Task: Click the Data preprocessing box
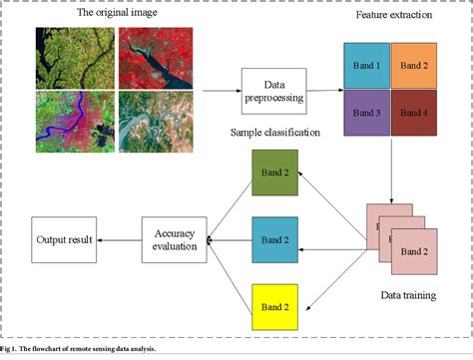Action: tap(273, 94)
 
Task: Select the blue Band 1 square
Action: tap(367, 66)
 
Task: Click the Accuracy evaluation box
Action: tap(174, 239)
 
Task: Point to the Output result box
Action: tap(64, 239)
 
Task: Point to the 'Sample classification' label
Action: tap(274, 132)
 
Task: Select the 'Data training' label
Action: tap(410, 295)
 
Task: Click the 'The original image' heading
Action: tap(112, 14)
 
